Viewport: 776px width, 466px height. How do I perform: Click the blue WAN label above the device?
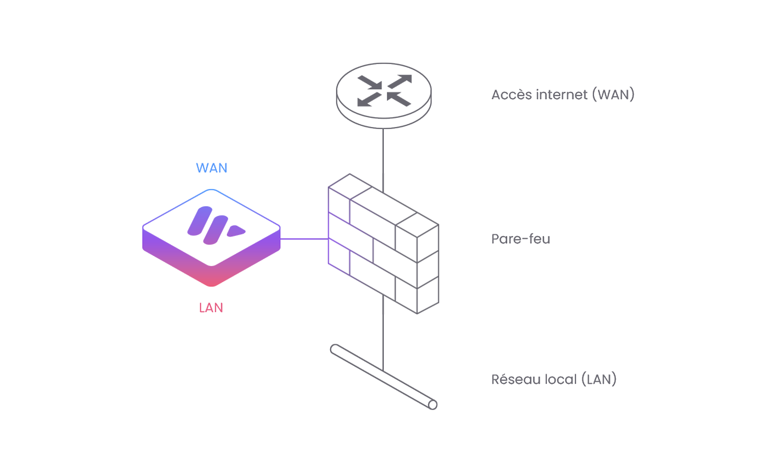point(212,168)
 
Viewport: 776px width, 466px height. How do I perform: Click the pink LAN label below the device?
point(211,307)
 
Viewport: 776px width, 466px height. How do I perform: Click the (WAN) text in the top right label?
point(613,94)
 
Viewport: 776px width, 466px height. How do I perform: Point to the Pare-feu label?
point(521,239)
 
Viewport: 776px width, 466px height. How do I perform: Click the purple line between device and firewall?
point(303,239)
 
